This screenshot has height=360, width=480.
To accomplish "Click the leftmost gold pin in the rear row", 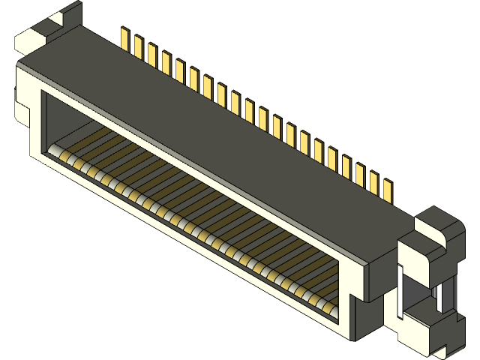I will click(125, 38).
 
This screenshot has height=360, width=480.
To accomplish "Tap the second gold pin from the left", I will click(139, 46).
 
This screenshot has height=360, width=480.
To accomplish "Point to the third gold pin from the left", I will click(152, 54).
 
